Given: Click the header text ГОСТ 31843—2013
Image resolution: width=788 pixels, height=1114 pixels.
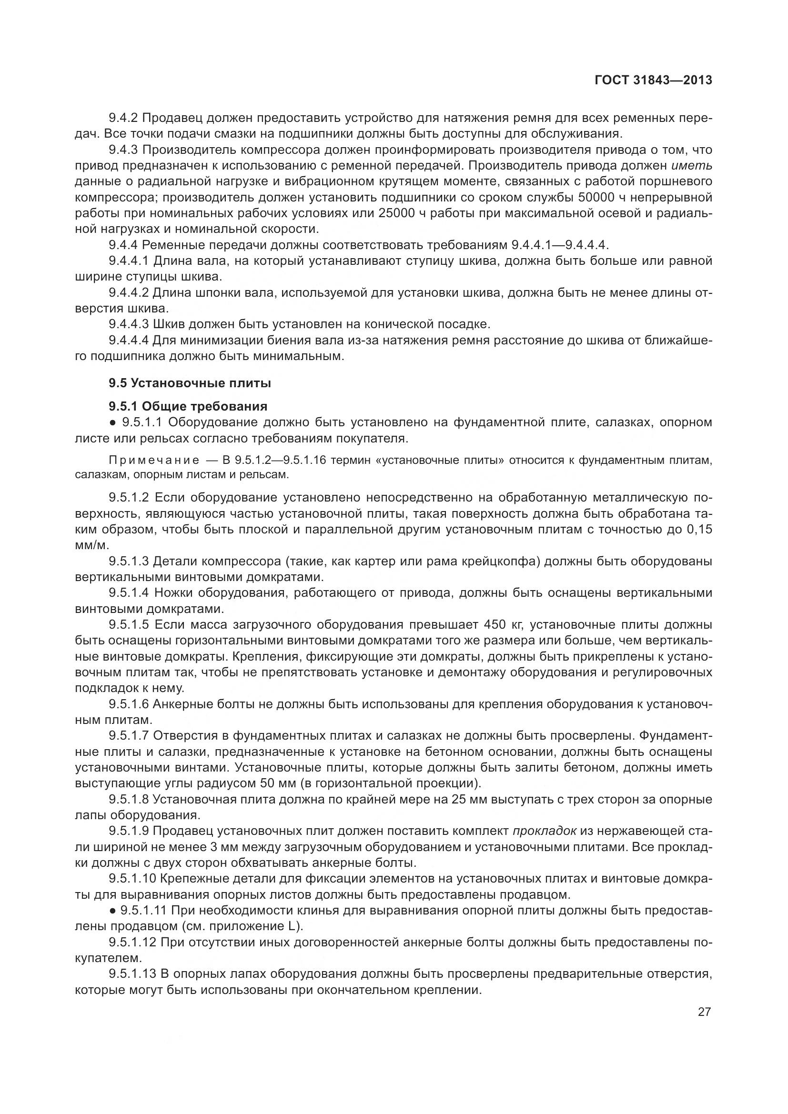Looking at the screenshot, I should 653,80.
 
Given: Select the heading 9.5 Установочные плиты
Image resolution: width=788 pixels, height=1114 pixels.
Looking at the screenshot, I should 190,383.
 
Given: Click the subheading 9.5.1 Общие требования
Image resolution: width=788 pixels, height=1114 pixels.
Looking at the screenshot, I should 188,406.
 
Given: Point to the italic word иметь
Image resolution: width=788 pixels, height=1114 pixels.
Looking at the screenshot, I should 692,165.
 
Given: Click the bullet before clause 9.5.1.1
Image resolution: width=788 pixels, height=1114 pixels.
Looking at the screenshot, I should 112,422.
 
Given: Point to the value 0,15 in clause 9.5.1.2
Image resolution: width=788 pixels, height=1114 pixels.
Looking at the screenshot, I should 699,529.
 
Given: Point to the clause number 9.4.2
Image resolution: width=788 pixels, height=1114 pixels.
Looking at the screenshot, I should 123,118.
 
